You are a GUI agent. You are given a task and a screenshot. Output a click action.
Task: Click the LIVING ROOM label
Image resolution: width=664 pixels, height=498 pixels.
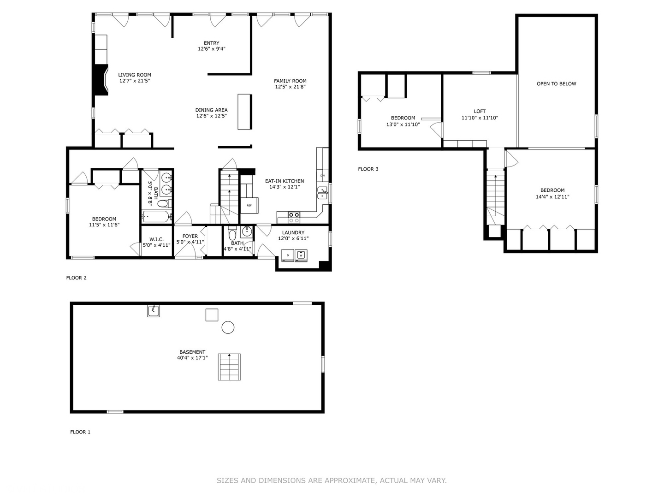(x=134, y=75)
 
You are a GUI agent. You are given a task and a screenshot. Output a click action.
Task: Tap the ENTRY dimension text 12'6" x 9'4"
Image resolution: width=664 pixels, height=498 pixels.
(x=211, y=49)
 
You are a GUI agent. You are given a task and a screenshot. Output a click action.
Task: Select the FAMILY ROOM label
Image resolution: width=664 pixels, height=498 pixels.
(x=290, y=81)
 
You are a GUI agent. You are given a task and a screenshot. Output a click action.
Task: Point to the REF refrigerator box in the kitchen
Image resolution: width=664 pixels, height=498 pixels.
(x=249, y=205)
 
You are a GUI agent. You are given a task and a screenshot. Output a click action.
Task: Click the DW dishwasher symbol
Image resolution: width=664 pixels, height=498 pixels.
(x=322, y=176)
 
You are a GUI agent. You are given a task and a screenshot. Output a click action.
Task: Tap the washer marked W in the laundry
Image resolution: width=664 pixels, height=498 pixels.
(x=301, y=255)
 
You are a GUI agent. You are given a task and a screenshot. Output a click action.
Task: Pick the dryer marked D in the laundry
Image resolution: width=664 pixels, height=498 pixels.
(x=288, y=255)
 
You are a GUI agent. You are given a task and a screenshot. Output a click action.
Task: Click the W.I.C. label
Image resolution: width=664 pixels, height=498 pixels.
(x=156, y=239)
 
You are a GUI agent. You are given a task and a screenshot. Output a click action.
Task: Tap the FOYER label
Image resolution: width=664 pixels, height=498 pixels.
(x=190, y=236)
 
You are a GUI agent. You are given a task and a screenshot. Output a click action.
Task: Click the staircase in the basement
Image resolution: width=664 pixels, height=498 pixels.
(x=229, y=367)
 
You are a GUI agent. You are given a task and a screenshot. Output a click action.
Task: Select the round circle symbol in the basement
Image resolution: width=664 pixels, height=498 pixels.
(x=228, y=327)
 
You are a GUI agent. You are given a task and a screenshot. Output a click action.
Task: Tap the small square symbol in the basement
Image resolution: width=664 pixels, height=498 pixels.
(x=212, y=315)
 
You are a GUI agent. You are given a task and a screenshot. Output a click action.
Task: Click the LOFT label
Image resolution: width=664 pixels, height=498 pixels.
(x=480, y=111)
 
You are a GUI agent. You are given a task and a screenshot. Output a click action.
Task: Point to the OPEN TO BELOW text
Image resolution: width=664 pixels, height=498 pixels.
(x=556, y=84)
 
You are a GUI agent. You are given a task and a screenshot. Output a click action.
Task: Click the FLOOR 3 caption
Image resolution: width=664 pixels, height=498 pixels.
(x=368, y=169)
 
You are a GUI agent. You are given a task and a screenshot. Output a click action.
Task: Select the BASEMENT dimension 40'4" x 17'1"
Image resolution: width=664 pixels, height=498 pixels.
(x=192, y=358)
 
